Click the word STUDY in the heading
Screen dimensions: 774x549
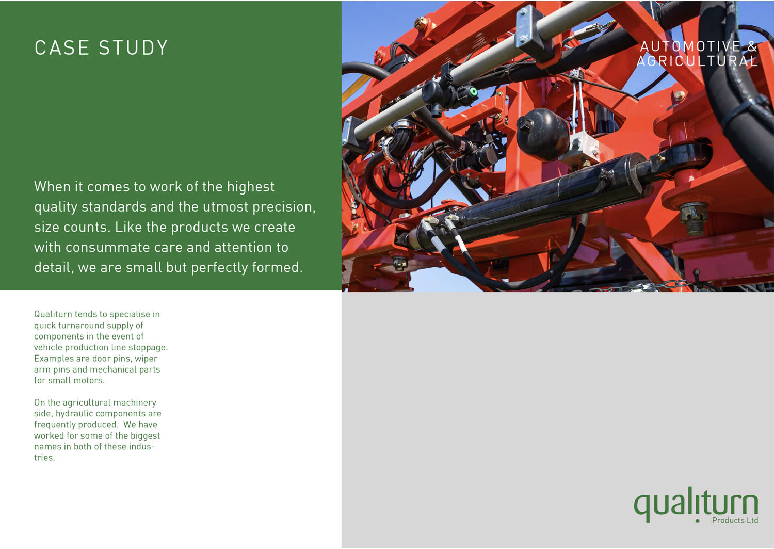133,47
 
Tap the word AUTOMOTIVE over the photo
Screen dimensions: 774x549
690,46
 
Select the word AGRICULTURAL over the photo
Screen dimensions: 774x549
697,61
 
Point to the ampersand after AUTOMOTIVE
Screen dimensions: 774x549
752,46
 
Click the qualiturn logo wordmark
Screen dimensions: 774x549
696,505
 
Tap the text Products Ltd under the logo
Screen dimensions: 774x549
735,520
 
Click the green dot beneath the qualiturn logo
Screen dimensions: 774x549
697,521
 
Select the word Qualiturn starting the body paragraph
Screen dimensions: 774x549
53,314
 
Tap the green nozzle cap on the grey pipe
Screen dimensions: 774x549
472,92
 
